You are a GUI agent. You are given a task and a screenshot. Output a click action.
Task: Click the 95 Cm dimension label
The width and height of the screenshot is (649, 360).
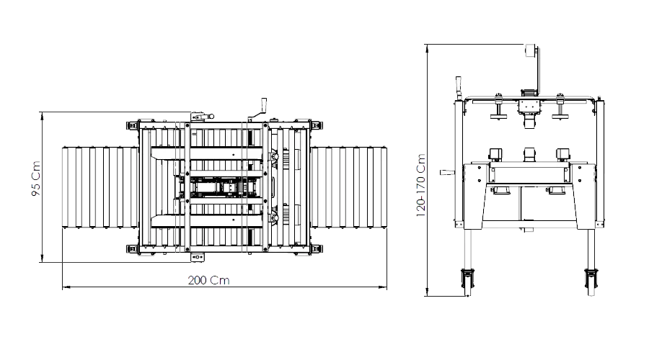pyautogui.click(x=36, y=179)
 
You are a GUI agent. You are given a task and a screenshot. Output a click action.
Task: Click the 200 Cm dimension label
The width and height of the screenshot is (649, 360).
pyautogui.click(x=208, y=280)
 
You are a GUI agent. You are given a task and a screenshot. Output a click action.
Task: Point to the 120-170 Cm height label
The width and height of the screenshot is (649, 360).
pyautogui.click(x=420, y=186)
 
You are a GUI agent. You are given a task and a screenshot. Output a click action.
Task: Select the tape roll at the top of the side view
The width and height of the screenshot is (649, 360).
pyautogui.click(x=530, y=51)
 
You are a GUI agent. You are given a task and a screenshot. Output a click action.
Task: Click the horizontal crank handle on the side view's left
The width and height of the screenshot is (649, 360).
pyautogui.click(x=447, y=172)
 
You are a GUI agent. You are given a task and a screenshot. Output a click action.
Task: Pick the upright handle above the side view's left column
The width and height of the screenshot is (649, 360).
pyautogui.click(x=458, y=88)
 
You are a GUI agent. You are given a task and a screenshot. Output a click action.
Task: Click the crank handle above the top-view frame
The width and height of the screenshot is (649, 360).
pyautogui.click(x=259, y=109)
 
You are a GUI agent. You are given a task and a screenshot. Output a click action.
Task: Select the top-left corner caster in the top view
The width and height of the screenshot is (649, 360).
pyautogui.click(x=133, y=125)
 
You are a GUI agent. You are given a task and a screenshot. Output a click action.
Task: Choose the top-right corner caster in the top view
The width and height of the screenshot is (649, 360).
pyautogui.click(x=317, y=125)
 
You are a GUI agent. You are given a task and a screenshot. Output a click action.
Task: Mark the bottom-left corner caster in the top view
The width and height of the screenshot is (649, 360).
pyautogui.click(x=133, y=249)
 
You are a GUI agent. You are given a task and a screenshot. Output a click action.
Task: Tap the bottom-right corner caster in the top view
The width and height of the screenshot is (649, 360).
pyautogui.click(x=317, y=249)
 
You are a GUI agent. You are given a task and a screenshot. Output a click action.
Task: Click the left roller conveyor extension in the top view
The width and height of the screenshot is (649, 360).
pyautogui.click(x=100, y=186)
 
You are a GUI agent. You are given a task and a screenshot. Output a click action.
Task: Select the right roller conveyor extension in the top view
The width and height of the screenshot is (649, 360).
pyautogui.click(x=348, y=186)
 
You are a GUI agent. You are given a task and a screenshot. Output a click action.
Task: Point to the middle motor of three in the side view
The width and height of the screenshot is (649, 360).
pyautogui.click(x=529, y=155)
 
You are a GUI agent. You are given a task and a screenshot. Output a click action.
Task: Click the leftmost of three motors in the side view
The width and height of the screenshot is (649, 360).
pyautogui.click(x=495, y=155)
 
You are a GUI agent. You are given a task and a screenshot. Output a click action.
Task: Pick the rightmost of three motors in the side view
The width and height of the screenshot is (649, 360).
pyautogui.click(x=563, y=155)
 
